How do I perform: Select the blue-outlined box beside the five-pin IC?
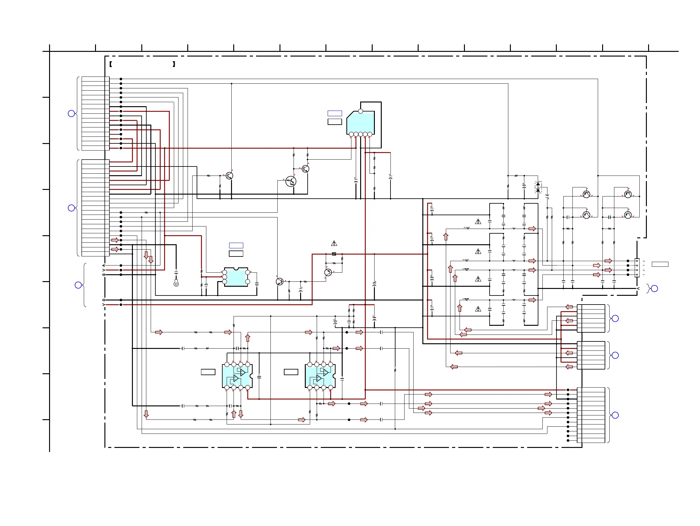coord(335,113)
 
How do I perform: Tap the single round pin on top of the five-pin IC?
coord(360,111)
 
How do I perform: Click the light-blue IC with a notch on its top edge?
coord(236,277)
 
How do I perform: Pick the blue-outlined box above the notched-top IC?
coord(236,246)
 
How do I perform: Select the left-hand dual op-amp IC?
coord(237,376)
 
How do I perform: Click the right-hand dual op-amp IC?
coord(320,376)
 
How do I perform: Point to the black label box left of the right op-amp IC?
coord(291,372)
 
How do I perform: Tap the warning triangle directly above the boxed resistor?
coord(334,243)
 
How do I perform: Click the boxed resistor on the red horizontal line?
coord(334,254)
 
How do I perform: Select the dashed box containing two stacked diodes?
coord(538,187)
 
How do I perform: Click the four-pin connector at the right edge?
coord(637,268)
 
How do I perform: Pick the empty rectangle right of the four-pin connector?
coord(660,264)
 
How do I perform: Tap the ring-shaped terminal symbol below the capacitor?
coord(176,284)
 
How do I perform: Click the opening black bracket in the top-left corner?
coord(111,64)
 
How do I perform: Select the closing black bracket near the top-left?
coord(174,64)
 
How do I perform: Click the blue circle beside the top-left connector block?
coord(72,113)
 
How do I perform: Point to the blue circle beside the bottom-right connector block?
coord(615,415)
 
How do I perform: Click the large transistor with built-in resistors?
coord(290,181)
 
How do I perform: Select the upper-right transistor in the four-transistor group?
coord(628,194)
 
